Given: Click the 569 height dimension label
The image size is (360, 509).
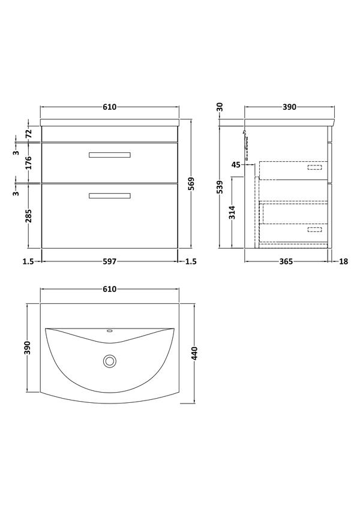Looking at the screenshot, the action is pyautogui.click(x=191, y=184).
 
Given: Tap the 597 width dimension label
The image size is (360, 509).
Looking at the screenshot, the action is pyautogui.click(x=109, y=261).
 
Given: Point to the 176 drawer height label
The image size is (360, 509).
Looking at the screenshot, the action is pyautogui.click(x=28, y=162).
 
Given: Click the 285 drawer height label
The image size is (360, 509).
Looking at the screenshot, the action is pyautogui.click(x=28, y=216).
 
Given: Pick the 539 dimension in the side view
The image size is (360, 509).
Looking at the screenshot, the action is pyautogui.click(x=221, y=187).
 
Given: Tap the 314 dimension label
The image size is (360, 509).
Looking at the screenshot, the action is pyautogui.click(x=232, y=212).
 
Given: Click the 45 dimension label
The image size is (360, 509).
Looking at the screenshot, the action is pyautogui.click(x=236, y=165).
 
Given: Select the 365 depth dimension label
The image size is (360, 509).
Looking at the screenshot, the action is pyautogui.click(x=286, y=261).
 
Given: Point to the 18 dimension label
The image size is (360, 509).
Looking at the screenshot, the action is pyautogui.click(x=343, y=261).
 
